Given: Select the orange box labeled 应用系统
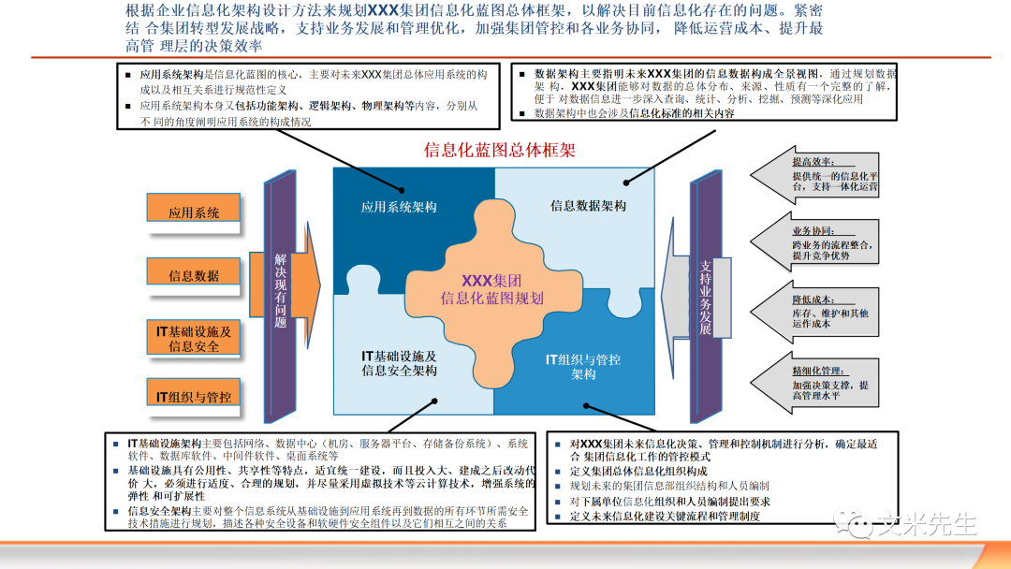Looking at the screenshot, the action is tap(194, 212).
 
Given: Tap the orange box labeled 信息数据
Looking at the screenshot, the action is tap(194, 275).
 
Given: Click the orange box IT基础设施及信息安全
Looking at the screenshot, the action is tap(194, 338).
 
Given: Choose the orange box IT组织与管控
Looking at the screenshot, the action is tap(194, 396).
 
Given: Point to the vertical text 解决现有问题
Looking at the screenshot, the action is tap(281, 290).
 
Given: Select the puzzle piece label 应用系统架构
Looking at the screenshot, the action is tap(400, 206).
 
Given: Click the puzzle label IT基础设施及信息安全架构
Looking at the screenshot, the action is tap(400, 363).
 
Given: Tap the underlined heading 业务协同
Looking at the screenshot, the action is tap(811, 230).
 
